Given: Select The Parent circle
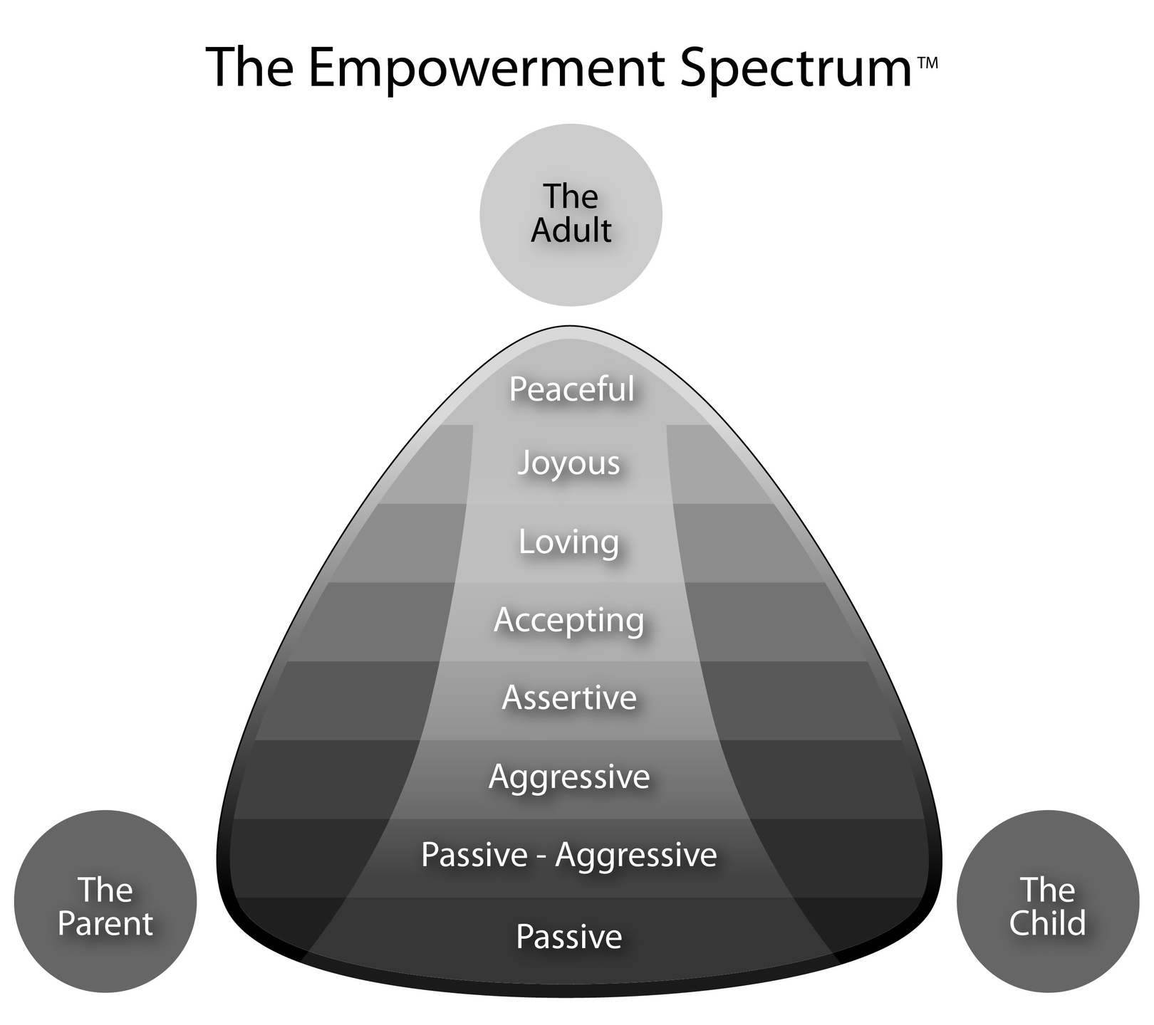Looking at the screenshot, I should (105, 902).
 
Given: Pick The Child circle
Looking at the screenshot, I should (1047, 902).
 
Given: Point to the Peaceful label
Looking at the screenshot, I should (571, 389).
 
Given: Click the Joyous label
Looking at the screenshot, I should (568, 463).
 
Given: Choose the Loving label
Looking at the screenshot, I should (568, 542).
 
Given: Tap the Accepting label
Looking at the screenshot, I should (568, 620).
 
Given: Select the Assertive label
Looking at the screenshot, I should (568, 698).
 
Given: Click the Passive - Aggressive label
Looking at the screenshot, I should (568, 855).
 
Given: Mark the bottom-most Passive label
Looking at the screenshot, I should (568, 937).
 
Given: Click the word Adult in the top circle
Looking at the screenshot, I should (571, 231).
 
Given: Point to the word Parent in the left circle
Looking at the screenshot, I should (105, 924).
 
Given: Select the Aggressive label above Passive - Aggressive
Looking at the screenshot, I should (568, 777).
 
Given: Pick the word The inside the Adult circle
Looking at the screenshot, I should (571, 196).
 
